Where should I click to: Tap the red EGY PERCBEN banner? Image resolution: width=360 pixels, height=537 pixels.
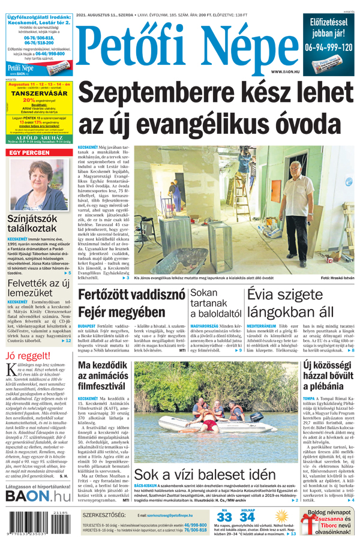coord(37,153)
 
